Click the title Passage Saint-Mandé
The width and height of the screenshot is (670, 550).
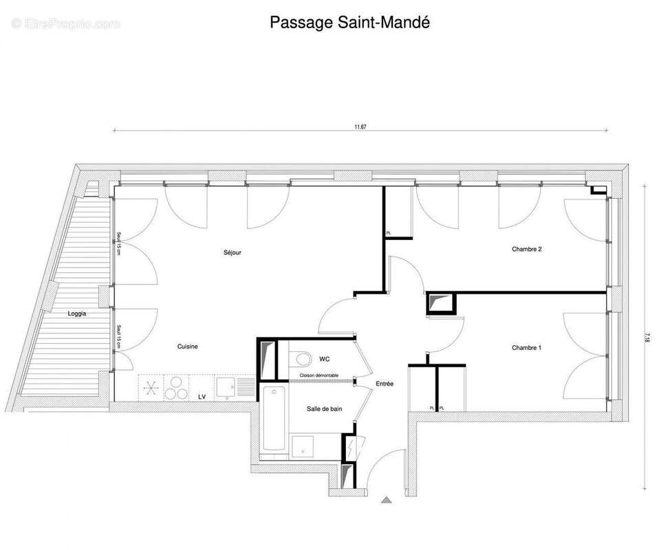tap(349, 23)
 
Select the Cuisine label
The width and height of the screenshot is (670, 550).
tap(187, 346)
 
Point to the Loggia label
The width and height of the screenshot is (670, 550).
tap(77, 313)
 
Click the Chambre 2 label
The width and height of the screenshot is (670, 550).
tap(526, 249)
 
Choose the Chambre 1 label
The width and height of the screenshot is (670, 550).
tap(526, 348)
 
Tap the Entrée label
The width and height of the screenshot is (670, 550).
tap(385, 384)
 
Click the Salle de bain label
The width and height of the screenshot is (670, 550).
tap(325, 409)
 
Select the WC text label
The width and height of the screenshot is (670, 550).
tap(325, 359)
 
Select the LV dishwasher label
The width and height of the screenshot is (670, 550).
tap(202, 397)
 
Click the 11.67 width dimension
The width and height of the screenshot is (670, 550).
tap(360, 126)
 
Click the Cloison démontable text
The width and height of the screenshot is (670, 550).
tap(318, 375)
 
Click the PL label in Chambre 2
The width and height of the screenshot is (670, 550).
tap(389, 234)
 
